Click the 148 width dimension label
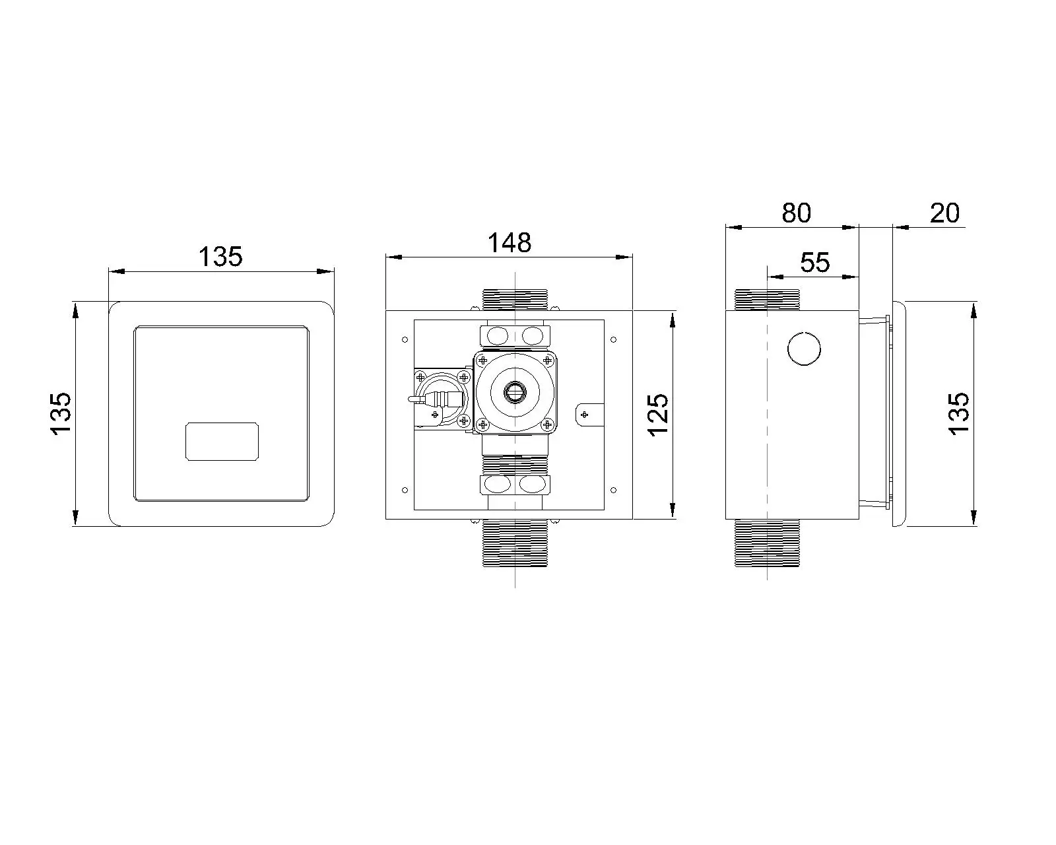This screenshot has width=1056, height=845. click(x=509, y=242)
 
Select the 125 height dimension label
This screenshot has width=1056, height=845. click(x=657, y=415)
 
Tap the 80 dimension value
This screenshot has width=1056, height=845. click(x=796, y=213)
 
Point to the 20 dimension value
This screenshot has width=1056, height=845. click(x=944, y=213)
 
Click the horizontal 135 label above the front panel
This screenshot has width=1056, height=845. click(x=220, y=256)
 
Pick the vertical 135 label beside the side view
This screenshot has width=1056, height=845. click(x=959, y=413)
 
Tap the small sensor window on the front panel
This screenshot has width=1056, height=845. click(x=222, y=442)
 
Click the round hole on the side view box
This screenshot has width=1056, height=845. click(x=804, y=349)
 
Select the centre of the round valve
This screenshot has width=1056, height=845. click(x=514, y=392)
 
